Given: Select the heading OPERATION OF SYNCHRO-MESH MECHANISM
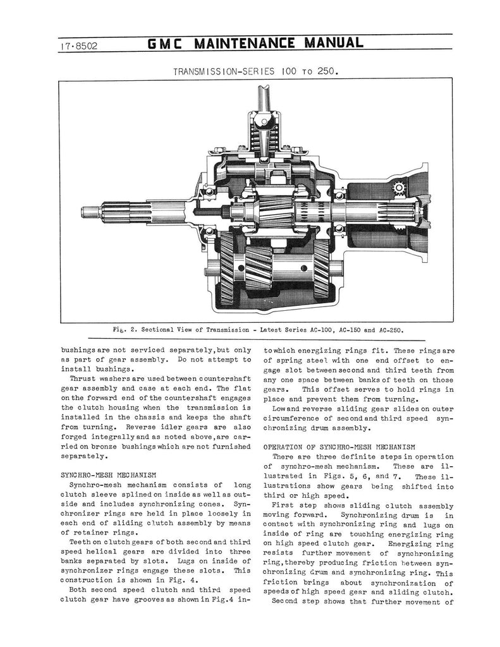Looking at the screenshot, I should click(339, 447).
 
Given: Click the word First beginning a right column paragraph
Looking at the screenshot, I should click(284, 506).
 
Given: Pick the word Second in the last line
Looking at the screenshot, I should click(287, 602).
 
